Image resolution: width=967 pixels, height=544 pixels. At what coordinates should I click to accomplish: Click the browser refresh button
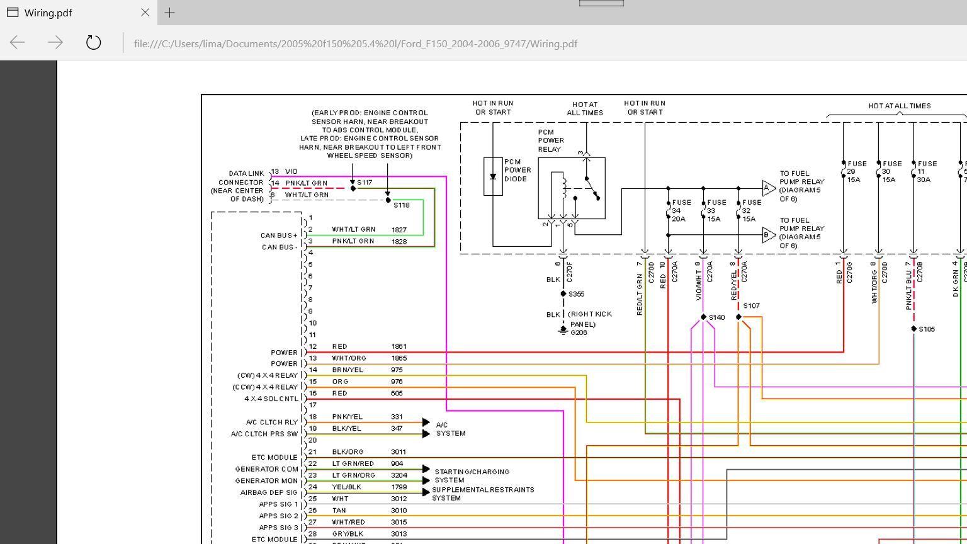(x=93, y=43)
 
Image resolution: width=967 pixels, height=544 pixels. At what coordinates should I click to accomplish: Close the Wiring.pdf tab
(x=145, y=12)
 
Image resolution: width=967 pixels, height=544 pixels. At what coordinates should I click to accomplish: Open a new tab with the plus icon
(x=169, y=12)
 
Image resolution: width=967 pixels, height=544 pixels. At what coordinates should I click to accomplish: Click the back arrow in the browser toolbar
(x=18, y=43)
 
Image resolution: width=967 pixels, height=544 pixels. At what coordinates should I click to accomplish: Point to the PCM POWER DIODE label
(x=517, y=170)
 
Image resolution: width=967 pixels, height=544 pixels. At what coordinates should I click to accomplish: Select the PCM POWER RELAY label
(x=551, y=141)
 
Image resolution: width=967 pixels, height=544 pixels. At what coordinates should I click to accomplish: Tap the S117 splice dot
(x=353, y=188)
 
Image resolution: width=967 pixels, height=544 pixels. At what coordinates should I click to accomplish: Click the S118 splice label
(x=401, y=205)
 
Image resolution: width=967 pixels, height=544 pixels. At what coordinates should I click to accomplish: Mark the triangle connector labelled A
(x=767, y=188)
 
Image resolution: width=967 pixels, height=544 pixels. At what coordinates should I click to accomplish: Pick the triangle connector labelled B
(x=767, y=235)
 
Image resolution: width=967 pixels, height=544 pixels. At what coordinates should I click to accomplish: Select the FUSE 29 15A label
(x=857, y=171)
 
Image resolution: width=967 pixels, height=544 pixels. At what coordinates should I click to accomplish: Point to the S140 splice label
(x=716, y=317)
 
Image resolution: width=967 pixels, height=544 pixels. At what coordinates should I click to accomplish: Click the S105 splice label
(x=927, y=329)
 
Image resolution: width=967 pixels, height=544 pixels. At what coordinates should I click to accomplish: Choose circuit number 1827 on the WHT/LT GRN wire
(x=399, y=230)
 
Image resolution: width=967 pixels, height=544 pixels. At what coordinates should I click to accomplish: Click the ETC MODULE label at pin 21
(x=274, y=457)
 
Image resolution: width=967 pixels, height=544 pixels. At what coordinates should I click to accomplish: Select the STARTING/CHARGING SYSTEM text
(x=472, y=476)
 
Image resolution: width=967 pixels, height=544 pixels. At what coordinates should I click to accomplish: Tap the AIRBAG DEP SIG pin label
(x=268, y=492)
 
